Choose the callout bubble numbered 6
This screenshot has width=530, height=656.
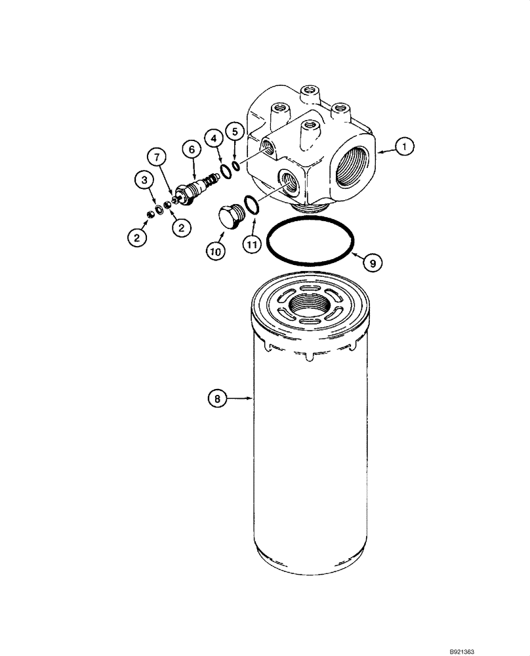tap(192, 150)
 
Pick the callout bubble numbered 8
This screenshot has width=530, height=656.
tap(218, 397)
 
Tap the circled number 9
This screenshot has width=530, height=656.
tap(372, 263)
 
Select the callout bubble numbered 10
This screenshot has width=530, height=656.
tap(216, 250)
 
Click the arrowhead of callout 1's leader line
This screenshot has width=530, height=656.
tap(378, 152)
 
